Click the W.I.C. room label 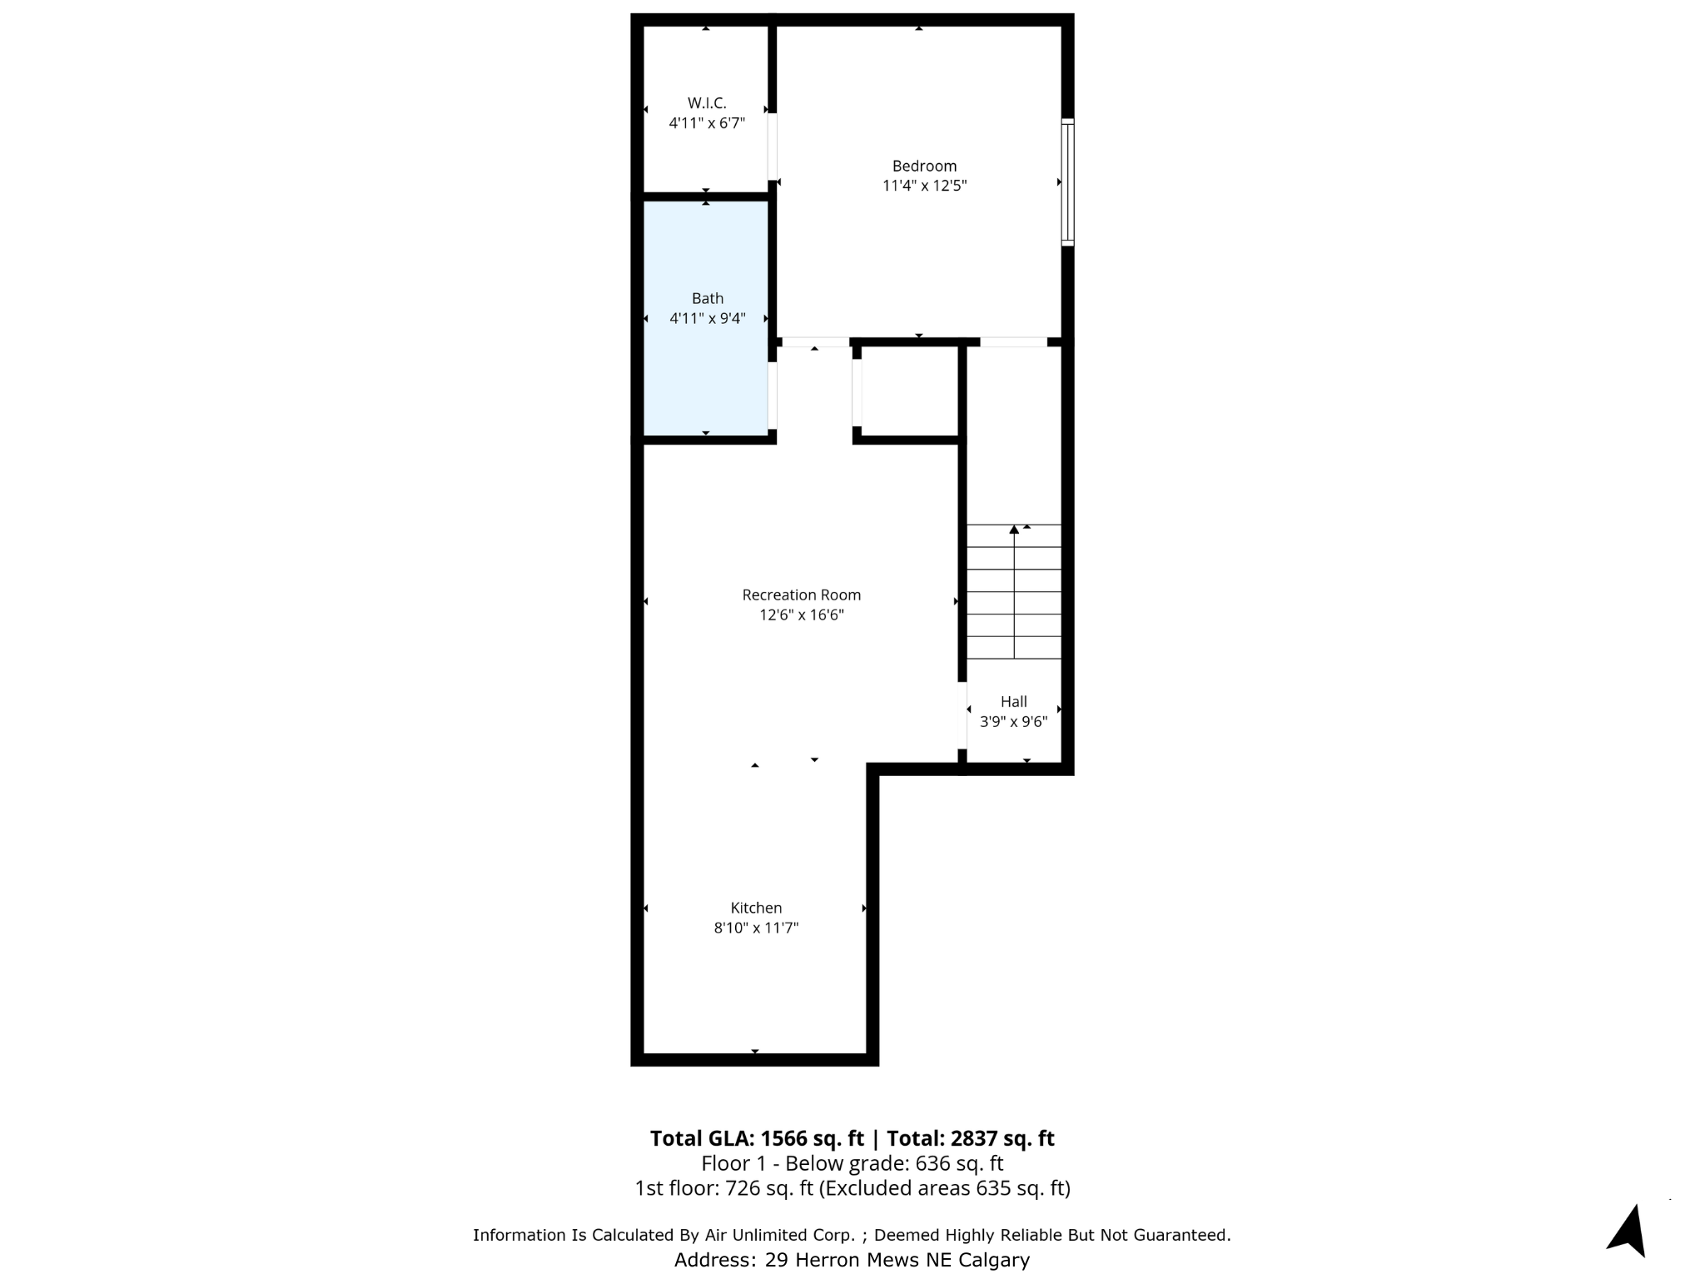coord(707,103)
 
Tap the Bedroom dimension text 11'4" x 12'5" coord(924,186)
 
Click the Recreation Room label coord(801,595)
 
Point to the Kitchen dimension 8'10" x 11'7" coord(756,928)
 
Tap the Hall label coord(1013,702)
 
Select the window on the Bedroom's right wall coord(1067,182)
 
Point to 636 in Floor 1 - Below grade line coord(932,1163)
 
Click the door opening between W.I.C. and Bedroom coord(773,147)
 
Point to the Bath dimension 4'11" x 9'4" coord(707,318)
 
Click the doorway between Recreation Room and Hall coord(962,716)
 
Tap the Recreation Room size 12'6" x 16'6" coord(801,615)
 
